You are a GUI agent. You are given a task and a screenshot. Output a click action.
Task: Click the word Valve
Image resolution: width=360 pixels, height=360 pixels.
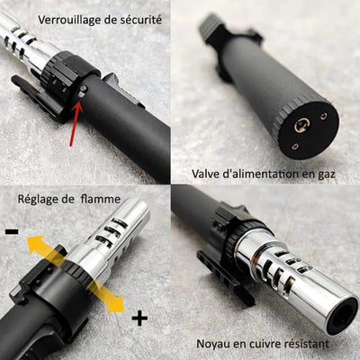(x=210, y=173)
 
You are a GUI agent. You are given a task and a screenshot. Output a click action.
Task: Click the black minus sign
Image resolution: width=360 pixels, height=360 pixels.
(x=12, y=231)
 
